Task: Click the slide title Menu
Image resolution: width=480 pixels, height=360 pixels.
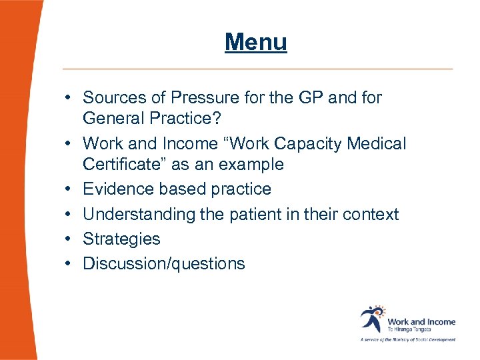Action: click(x=256, y=42)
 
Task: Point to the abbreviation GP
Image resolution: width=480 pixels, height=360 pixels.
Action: click(x=310, y=97)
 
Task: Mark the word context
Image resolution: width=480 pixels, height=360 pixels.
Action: click(x=371, y=215)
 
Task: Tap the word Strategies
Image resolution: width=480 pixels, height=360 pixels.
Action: click(x=121, y=239)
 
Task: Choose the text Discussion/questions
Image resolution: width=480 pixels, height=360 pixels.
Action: click(x=163, y=264)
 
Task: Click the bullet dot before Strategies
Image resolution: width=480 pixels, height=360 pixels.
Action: click(x=69, y=239)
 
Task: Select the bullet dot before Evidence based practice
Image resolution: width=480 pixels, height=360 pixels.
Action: click(x=69, y=189)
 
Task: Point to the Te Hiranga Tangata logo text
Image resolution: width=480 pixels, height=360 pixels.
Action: click(x=409, y=329)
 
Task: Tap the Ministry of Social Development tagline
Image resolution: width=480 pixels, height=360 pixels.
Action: click(x=408, y=339)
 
